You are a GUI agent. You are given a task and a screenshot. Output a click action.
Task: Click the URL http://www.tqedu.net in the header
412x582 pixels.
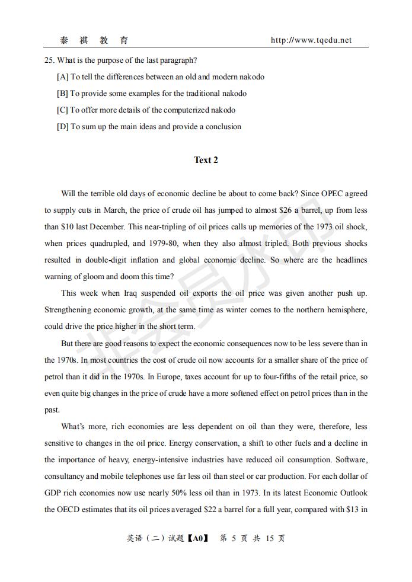tap(311, 40)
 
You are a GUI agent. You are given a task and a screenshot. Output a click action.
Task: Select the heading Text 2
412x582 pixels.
tap(206, 160)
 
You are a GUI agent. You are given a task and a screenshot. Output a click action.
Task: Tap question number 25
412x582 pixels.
tap(49, 60)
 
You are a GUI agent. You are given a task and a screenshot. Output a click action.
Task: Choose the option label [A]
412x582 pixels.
tap(63, 76)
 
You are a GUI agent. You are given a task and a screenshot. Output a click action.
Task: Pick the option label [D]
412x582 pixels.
tap(63, 126)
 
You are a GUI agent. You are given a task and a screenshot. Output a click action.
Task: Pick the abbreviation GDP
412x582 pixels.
tap(54, 493)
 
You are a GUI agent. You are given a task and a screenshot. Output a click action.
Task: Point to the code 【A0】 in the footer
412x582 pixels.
tap(197, 538)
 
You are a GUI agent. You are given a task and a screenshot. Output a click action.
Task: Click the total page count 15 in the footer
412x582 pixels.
tap(270, 538)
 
